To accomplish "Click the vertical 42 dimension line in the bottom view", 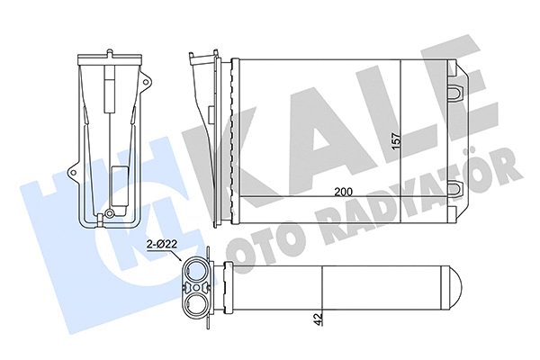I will point(322,297).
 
